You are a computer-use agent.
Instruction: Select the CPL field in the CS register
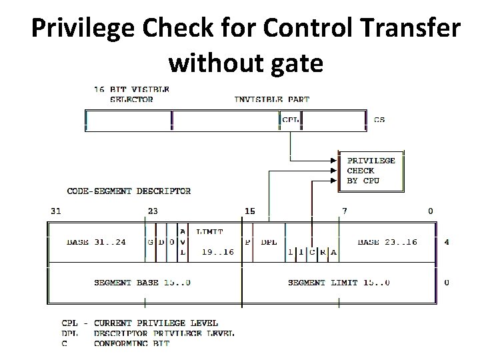(x=291, y=120)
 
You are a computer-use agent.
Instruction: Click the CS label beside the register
(x=379, y=120)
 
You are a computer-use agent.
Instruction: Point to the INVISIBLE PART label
(x=272, y=99)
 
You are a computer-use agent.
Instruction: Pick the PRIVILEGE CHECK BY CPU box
(x=371, y=171)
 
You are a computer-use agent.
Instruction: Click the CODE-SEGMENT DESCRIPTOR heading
(x=129, y=191)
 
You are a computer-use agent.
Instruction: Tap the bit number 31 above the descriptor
(x=56, y=211)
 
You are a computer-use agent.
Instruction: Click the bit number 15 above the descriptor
(x=249, y=211)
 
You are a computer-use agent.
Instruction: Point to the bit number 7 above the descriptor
(x=344, y=211)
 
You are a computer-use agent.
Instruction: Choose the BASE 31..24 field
(x=96, y=242)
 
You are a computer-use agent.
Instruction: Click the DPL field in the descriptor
(x=269, y=242)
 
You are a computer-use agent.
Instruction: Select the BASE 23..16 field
(x=387, y=242)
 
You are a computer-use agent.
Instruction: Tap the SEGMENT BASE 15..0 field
(x=142, y=283)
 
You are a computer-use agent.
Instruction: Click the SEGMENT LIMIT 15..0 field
(x=339, y=283)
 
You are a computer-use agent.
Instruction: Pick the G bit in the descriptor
(x=151, y=242)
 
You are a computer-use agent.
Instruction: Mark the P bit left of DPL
(x=248, y=242)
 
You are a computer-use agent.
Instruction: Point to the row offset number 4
(x=447, y=242)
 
